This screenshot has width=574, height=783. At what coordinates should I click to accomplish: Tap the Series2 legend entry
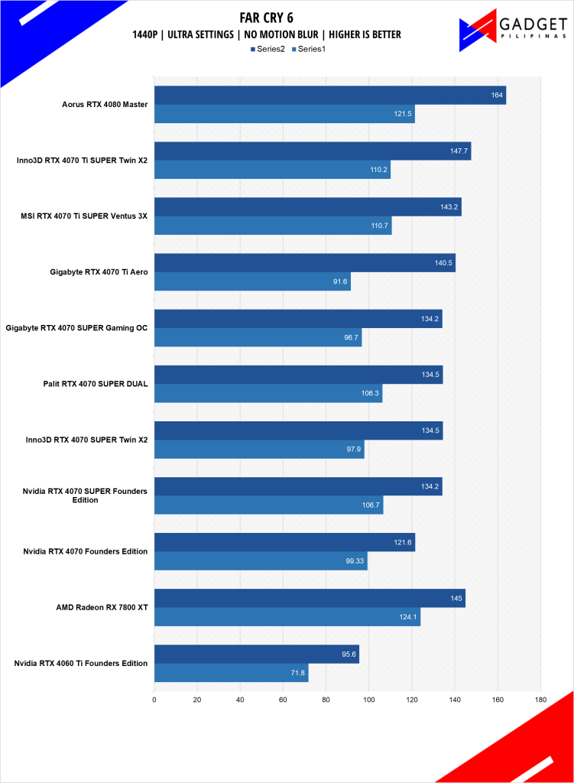coord(268,49)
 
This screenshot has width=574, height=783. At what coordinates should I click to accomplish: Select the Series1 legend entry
coord(307,49)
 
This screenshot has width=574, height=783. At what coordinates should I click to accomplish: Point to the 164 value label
coord(497,96)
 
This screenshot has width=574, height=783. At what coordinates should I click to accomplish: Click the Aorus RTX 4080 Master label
coord(105,104)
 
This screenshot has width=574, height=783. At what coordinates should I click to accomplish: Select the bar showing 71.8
coord(231,673)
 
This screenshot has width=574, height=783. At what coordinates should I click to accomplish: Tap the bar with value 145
coord(310,598)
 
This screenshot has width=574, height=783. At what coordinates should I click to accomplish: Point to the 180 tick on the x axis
coord(540,699)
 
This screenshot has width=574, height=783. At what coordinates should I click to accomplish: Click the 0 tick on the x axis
coord(154,699)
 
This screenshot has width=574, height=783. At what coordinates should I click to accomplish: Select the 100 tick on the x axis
coord(368,699)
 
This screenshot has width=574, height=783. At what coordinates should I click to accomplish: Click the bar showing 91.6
coord(252,281)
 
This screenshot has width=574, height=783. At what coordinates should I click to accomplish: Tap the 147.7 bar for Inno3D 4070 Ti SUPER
coord(312,151)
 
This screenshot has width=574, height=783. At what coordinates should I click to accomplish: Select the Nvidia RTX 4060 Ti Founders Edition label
coord(80,663)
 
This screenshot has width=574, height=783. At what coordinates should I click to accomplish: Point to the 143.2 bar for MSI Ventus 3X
coord(307,206)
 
